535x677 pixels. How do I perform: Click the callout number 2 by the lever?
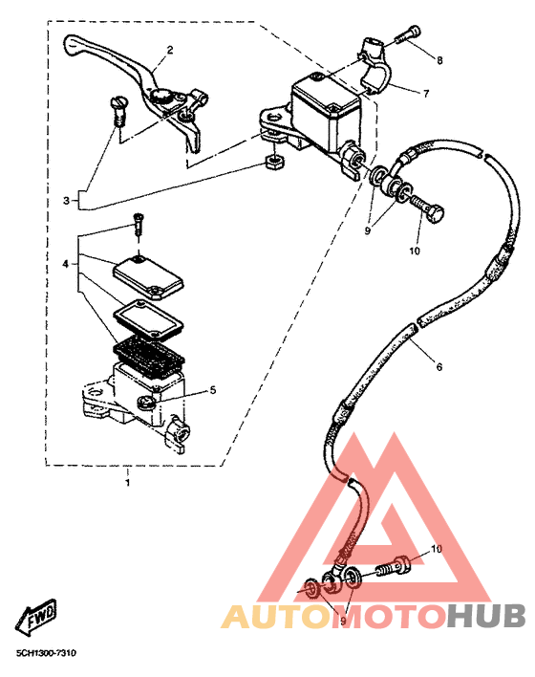(x=170, y=50)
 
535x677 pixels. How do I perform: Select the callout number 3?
(x=66, y=201)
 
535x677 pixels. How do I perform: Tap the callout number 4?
(x=66, y=263)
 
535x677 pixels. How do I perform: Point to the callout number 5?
(x=213, y=390)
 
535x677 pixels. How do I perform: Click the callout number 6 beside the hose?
(x=439, y=367)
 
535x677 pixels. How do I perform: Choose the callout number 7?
(x=426, y=94)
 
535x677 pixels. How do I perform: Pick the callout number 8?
(x=439, y=60)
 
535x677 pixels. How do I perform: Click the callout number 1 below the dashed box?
(x=127, y=482)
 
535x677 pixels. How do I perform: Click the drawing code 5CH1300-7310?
(x=46, y=653)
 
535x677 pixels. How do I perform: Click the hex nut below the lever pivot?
(x=274, y=162)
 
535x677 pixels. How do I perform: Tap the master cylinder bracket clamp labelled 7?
(x=374, y=66)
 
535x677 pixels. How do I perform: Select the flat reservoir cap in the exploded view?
(x=148, y=277)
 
